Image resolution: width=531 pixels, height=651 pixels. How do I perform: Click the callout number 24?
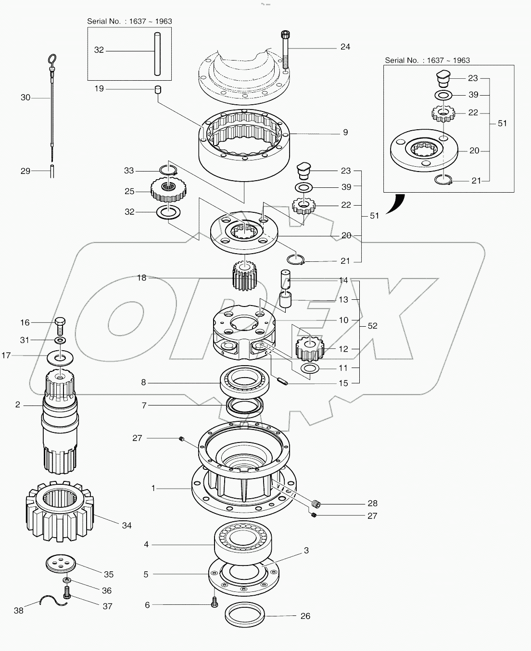[x=345, y=47]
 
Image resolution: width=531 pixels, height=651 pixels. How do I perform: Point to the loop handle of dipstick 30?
[x=52, y=61]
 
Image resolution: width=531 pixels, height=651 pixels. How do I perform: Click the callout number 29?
[x=25, y=171]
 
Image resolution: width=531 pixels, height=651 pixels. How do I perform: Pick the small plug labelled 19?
[x=157, y=89]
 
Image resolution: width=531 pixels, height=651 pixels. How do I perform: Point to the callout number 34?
[x=126, y=526]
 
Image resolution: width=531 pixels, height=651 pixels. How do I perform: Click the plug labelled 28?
[x=316, y=504]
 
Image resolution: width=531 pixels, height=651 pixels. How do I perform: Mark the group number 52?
[x=372, y=326]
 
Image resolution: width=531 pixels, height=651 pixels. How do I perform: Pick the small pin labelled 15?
[x=284, y=382]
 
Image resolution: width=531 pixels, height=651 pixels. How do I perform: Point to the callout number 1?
[x=153, y=488]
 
